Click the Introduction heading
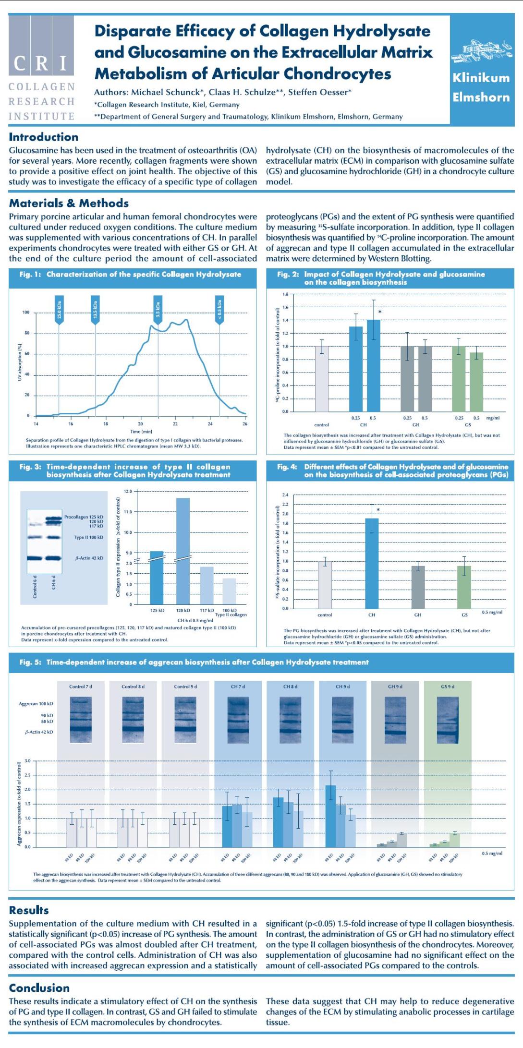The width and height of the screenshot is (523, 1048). coord(43,137)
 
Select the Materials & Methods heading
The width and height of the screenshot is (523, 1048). coord(69,203)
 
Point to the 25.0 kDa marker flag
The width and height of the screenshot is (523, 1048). coord(59,310)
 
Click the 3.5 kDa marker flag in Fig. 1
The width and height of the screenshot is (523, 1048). coord(158,310)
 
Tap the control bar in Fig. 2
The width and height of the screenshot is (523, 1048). coord(321,379)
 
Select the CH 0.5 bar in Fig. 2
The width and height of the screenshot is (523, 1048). coord(373,365)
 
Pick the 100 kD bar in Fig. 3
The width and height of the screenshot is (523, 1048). coord(229,591)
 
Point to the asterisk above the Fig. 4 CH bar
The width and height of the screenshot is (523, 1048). coord(378,510)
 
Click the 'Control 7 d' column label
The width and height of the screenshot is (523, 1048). coord(81,687)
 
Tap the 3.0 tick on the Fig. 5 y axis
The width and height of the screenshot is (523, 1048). coord(27,761)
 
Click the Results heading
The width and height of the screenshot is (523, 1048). coord(29,910)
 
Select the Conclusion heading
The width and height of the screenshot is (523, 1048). coord(39,988)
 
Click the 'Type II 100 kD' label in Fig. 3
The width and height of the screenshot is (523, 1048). coord(88,537)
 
